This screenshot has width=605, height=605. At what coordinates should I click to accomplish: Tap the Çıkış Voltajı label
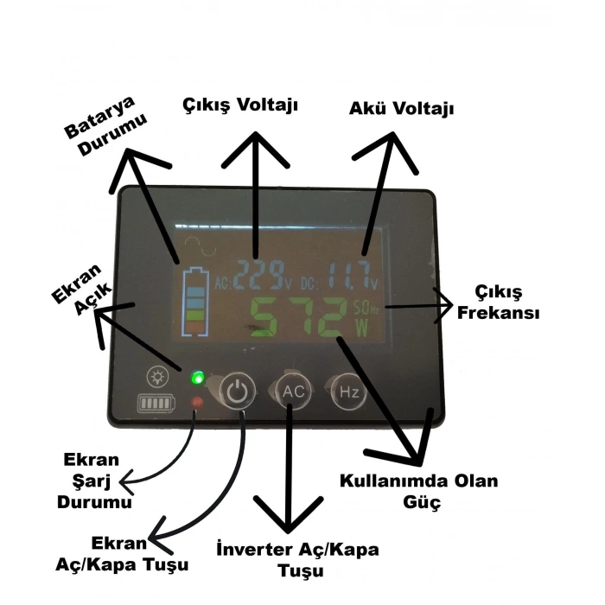240,105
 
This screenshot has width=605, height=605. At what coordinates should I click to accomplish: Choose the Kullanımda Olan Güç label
418,491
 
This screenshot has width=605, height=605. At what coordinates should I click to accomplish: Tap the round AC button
293,391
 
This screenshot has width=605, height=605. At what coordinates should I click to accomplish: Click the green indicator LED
198,378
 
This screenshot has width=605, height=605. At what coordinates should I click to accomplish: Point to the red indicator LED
197,402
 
